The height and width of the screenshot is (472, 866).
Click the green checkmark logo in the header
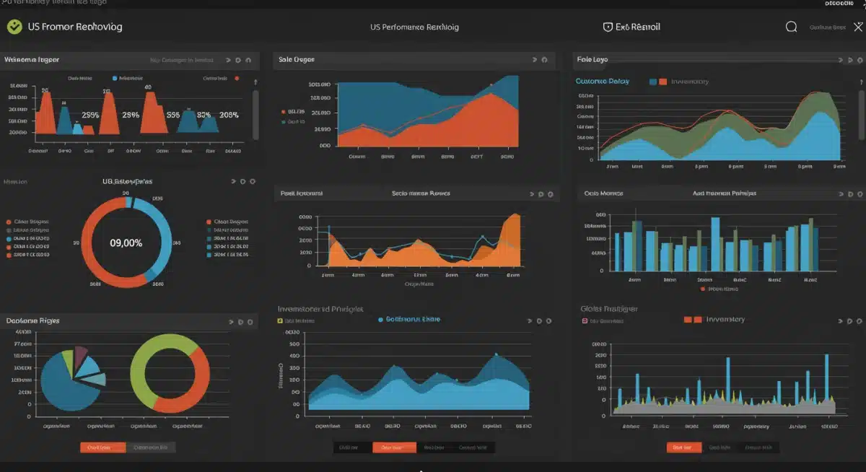coord(14,27)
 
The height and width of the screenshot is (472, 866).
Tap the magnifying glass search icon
coord(791,27)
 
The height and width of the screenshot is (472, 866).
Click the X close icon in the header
coord(857,27)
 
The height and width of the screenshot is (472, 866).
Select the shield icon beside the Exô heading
coord(608,27)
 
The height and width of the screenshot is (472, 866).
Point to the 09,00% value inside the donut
coord(126,243)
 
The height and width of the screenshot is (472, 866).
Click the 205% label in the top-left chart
coord(229,115)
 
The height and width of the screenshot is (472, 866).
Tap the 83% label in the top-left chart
coord(204,115)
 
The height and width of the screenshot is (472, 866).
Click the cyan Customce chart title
coord(602,82)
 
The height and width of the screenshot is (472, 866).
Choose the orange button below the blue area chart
coord(394,447)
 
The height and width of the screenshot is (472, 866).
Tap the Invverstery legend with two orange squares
coord(714,319)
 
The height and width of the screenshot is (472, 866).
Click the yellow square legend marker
coord(280,320)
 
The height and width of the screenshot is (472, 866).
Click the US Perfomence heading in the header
coord(414,27)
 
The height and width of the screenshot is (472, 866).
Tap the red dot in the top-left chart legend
coord(237,78)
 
